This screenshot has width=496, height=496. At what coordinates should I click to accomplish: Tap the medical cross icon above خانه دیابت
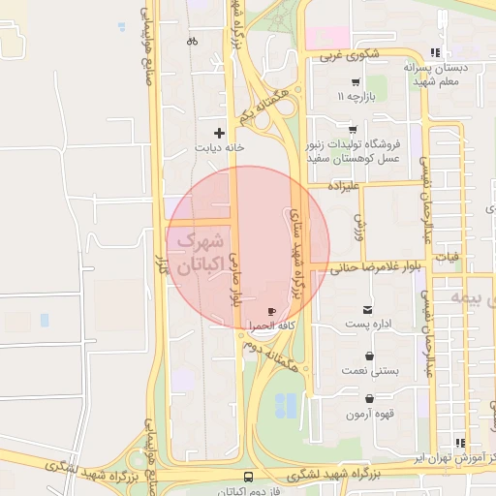coord(220,133)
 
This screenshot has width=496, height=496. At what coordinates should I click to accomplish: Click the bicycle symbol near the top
coord(192,42)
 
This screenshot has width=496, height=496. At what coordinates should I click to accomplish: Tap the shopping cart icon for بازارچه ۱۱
coord(356,82)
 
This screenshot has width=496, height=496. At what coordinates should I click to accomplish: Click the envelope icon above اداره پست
coord(370,307)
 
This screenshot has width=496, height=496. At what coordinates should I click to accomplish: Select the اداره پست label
coord(370,323)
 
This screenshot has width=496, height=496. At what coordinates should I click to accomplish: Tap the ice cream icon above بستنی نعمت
coord(369,356)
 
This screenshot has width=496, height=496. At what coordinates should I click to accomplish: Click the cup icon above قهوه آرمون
coord(370,399)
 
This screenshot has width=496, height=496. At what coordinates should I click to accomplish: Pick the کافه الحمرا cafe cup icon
coord(270,311)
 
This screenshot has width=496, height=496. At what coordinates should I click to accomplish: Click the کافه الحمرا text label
coord(270,326)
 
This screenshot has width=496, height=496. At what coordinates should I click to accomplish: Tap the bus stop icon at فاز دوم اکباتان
coord(249,477)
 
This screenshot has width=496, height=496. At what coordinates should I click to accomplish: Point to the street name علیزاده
coord(344,183)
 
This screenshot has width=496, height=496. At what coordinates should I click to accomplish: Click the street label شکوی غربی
coord(339,55)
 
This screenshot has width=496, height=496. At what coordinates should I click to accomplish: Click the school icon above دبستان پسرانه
coord(436,52)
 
